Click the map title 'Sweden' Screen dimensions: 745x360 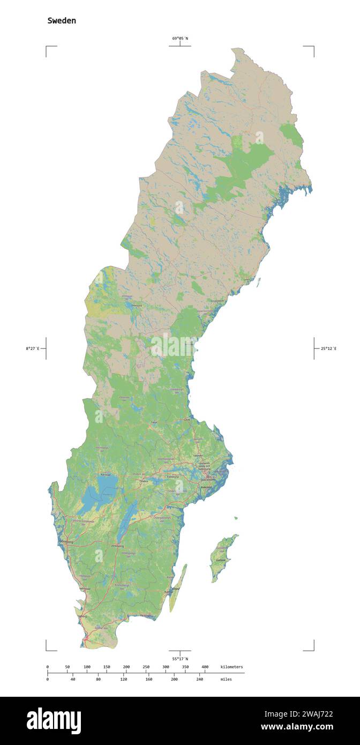(62, 21)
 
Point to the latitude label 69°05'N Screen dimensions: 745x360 (180, 38)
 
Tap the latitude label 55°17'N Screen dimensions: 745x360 (180, 659)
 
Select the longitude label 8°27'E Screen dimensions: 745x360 (32, 349)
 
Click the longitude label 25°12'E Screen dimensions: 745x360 (329, 349)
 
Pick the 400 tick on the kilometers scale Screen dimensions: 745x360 (205, 667)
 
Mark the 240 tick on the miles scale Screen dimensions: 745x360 (199, 679)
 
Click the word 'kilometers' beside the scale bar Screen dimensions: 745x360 (231, 667)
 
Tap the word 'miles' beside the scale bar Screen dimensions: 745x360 (226, 679)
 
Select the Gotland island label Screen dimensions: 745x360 (220, 560)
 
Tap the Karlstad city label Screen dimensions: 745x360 (106, 474)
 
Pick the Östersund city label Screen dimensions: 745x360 (136, 306)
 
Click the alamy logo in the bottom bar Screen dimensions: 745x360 (54, 721)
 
